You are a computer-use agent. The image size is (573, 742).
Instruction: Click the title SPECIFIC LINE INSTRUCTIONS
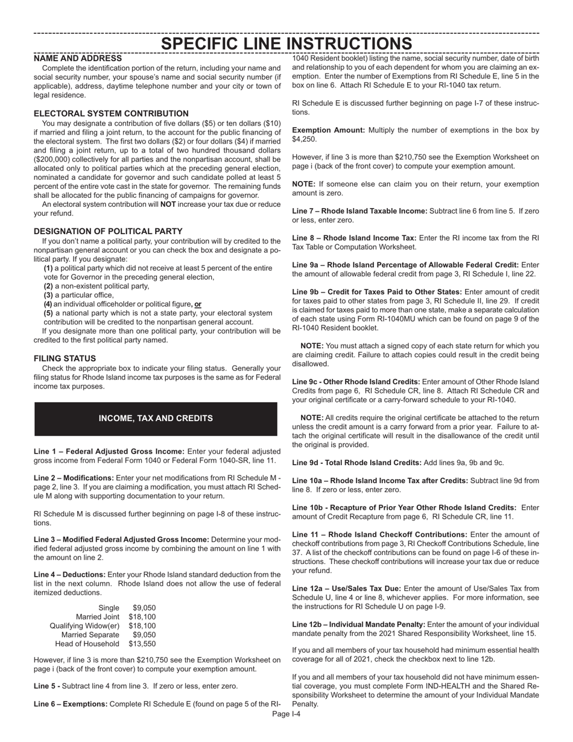coord(286,43)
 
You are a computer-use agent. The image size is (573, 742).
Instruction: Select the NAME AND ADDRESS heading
coord(78,59)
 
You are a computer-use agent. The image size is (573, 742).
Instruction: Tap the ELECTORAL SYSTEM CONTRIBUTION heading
coord(111,113)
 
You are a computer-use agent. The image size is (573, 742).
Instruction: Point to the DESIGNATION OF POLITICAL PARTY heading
coord(108,231)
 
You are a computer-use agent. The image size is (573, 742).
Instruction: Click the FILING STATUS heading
coord(65,358)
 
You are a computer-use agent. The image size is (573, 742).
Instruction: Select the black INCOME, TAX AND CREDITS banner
coord(156,418)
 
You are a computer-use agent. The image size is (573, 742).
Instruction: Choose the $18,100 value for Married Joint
coord(142,617)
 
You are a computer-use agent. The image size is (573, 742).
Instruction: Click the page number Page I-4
coord(286,714)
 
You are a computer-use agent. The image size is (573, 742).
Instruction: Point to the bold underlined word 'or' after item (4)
coord(198,304)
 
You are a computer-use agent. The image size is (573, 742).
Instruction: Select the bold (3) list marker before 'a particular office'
coord(48,295)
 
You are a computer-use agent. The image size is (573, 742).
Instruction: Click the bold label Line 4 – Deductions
coord(70,574)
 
